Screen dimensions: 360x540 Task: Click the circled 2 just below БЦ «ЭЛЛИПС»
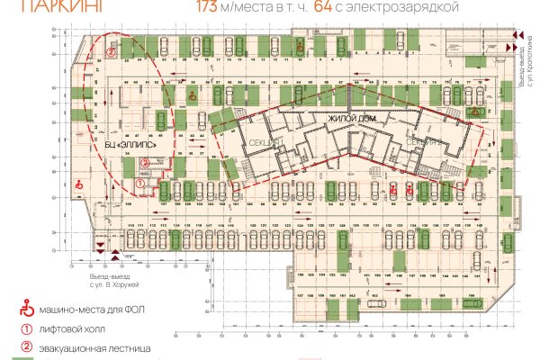[x=145, y=163]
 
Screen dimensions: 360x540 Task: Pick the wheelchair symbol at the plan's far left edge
[x=78, y=184]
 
